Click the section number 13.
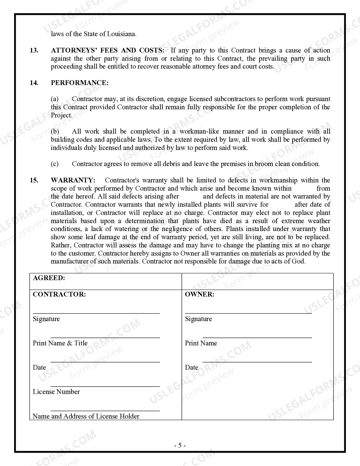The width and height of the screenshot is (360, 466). tap(34, 50)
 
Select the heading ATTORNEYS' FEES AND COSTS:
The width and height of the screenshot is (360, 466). tap(107, 50)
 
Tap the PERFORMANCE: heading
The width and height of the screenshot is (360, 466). tap(79, 83)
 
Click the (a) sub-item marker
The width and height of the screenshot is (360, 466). tap(54, 99)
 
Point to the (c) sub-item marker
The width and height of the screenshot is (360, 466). tap(54, 164)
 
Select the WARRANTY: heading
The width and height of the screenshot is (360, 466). tap(73, 180)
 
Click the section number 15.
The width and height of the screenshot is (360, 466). tap(34, 180)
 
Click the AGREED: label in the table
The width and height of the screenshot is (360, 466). tap(49, 278)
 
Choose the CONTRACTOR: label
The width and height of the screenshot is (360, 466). tap(59, 294)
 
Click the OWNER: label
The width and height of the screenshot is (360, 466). tap(199, 294)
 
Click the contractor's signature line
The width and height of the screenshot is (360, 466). tap(96, 313)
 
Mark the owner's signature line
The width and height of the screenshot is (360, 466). tap(248, 313)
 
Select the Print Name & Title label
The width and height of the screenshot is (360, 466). tap(60, 343)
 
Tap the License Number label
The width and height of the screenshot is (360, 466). tap(56, 392)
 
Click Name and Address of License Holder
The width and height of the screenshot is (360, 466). tap(86, 416)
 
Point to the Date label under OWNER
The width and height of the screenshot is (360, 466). tap(191, 367)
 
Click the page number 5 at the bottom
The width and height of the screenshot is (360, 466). tap(180, 446)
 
